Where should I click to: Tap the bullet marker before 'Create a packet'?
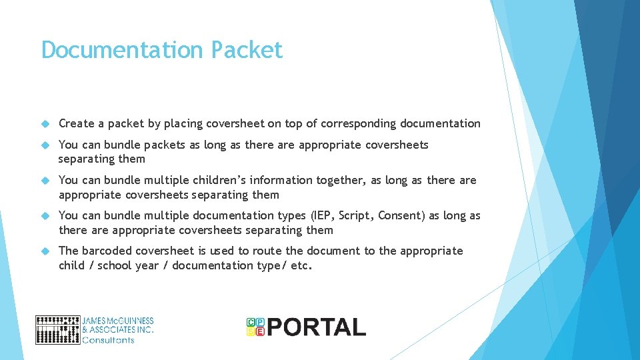click(45, 124)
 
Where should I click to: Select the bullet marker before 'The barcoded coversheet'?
click(45, 251)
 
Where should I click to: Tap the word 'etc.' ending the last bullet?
click(301, 265)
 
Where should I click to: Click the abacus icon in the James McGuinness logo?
click(57, 329)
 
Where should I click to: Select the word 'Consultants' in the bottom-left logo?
click(108, 340)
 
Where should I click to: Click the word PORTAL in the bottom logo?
click(317, 327)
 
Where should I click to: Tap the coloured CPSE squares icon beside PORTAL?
click(255, 326)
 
